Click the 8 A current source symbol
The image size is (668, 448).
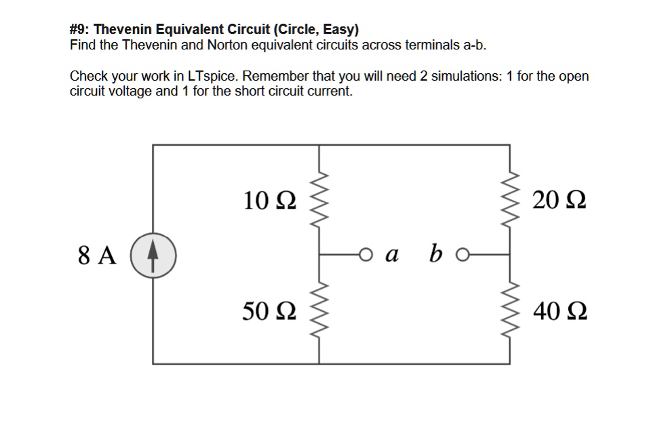point(153,256)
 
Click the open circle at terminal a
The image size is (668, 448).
point(367,255)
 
